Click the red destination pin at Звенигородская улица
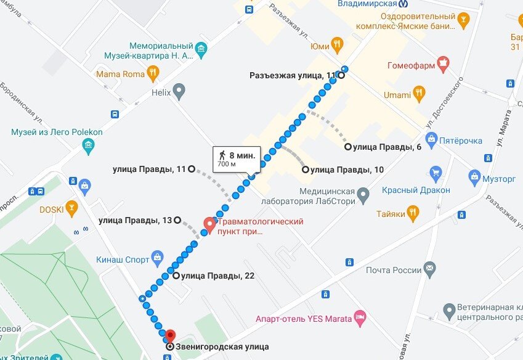click(x=170, y=335)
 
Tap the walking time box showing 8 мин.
click(x=235, y=158)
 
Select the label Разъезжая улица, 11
click(x=292, y=76)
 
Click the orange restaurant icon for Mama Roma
click(x=153, y=75)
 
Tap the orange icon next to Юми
click(x=336, y=44)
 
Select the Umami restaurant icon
click(x=419, y=94)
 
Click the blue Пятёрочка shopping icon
click(x=431, y=140)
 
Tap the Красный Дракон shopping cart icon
click(x=436, y=173)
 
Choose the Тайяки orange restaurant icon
click(x=413, y=214)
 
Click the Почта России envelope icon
click(x=429, y=269)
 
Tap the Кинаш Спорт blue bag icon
click(x=158, y=258)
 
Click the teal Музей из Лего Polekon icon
click(x=89, y=146)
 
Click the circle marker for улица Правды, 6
click(x=348, y=147)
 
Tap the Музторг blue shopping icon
click(x=474, y=178)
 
